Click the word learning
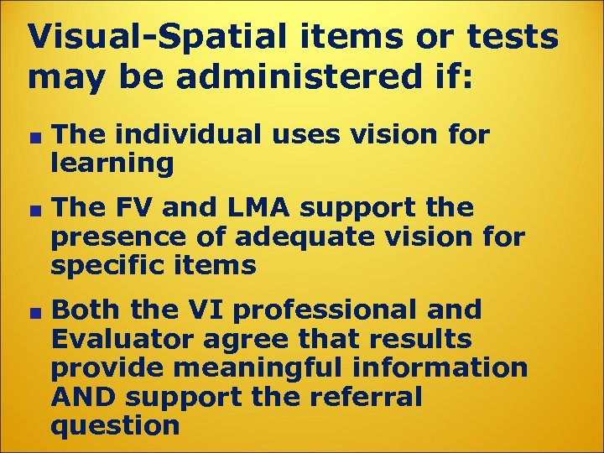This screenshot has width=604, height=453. coord(112,163)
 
